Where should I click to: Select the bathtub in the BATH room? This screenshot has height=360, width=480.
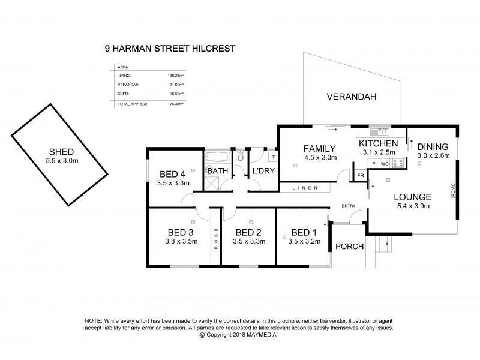(217, 158)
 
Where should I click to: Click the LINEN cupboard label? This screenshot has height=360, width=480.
(306, 189)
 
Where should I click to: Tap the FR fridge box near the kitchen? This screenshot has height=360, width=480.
(361, 175)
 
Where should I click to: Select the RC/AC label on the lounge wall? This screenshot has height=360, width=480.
(453, 190)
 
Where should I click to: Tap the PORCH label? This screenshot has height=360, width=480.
(349, 246)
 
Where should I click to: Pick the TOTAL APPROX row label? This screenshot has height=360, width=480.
(133, 104)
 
